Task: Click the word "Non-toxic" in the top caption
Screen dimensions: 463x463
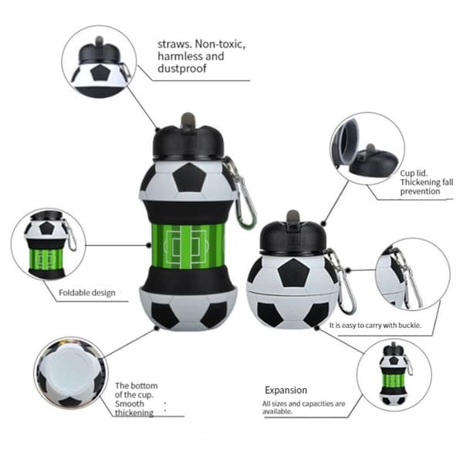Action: point(220,44)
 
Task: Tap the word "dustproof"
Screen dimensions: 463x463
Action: point(182,69)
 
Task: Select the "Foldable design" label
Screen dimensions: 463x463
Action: point(87,292)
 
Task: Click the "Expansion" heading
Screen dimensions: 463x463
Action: point(286,390)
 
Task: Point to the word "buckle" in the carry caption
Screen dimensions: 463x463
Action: point(409,325)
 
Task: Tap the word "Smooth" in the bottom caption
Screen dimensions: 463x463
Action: point(130,404)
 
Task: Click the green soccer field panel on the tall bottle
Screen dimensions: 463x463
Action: point(188,247)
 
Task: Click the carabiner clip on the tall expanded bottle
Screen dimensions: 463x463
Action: point(240,192)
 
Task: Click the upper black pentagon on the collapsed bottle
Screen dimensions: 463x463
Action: point(293,273)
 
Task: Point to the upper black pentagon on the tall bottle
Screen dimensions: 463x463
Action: point(189,178)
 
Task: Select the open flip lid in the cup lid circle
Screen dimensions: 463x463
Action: point(345,142)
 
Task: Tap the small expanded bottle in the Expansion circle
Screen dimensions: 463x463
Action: point(394,375)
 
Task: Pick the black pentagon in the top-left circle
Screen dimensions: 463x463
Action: point(100,73)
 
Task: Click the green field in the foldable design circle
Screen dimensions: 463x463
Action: point(46,259)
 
